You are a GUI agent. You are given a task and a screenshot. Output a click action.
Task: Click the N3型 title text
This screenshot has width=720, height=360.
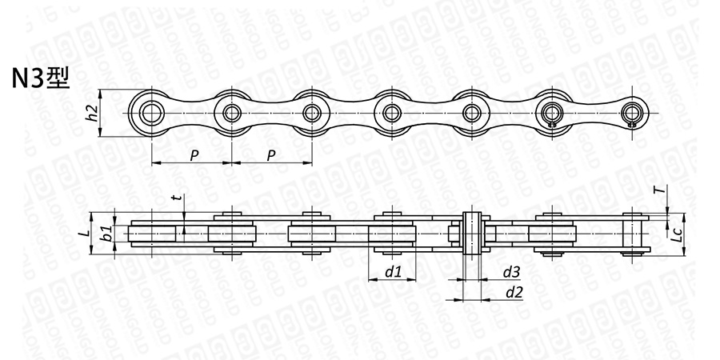click(41, 78)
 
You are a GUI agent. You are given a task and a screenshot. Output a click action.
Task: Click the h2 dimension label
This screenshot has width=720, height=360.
click(92, 113)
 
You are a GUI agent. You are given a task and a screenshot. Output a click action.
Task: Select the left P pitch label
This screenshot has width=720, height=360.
click(194, 156)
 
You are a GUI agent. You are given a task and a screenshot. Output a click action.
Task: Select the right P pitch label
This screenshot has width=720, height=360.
click(271, 156)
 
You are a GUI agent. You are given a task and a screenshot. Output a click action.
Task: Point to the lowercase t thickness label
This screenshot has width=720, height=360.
click(174, 198)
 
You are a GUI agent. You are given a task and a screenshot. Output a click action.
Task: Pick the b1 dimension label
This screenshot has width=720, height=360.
click(106, 234)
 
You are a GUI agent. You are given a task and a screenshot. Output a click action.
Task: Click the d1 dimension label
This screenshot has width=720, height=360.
click(394, 272)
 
